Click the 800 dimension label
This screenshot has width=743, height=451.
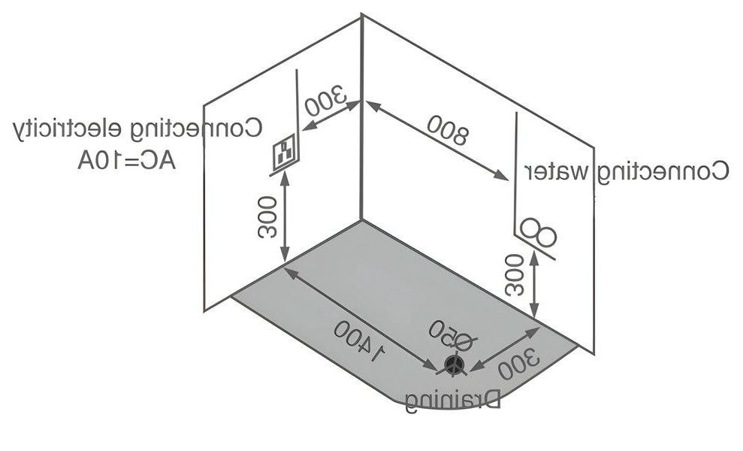pyautogui.click(x=447, y=129)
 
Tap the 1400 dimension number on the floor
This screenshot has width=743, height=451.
pyautogui.click(x=359, y=341)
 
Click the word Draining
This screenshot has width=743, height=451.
pyautogui.click(x=453, y=401)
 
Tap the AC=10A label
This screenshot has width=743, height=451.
pyautogui.click(x=126, y=161)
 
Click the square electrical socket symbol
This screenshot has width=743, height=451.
pyautogui.click(x=284, y=152)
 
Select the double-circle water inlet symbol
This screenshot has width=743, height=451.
pyautogui.click(x=537, y=232)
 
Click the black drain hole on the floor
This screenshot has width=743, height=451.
pyautogui.click(x=453, y=365)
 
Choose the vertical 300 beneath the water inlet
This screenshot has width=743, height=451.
pyautogui.click(x=515, y=274)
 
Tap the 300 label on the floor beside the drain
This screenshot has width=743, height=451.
pyautogui.click(x=518, y=364)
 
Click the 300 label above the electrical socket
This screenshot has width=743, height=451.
pyautogui.click(x=327, y=101)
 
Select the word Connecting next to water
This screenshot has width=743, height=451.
pyautogui.click(x=663, y=171)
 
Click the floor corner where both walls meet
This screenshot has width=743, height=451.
pyautogui.click(x=361, y=219)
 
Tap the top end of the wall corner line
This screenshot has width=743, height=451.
pyautogui.click(x=362, y=15)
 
